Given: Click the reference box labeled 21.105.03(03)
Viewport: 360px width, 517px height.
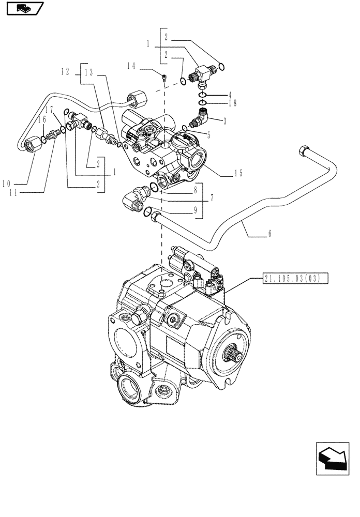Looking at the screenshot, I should pos(292,279).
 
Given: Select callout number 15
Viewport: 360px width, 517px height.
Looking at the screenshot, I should pos(238,173).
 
